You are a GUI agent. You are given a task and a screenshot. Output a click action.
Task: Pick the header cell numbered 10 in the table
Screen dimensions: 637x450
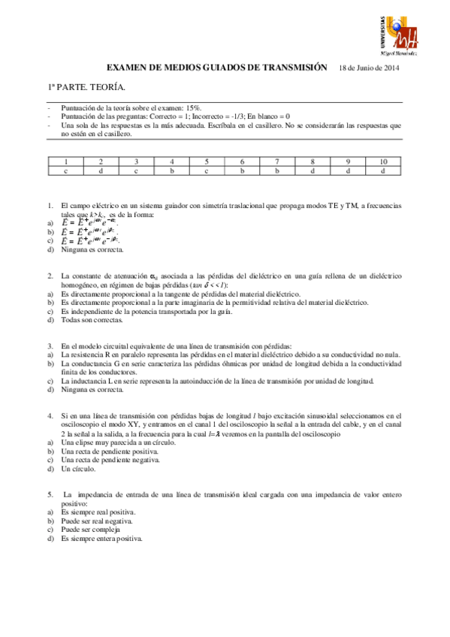[x=382, y=162]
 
